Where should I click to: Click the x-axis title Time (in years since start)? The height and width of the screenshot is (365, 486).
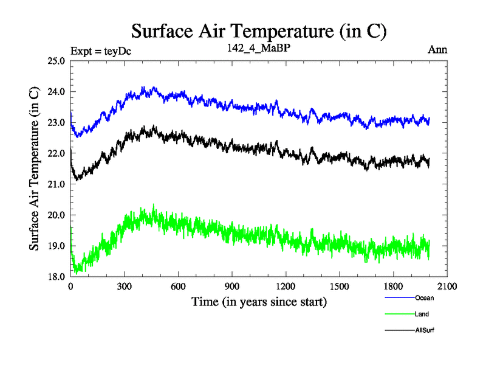[259, 301]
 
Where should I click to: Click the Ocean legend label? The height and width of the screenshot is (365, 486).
[425, 298]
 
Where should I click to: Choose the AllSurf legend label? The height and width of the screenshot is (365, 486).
[425, 330]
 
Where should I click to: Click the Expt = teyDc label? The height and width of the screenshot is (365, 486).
[101, 50]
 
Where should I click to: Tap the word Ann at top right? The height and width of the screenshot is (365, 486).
[437, 50]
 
